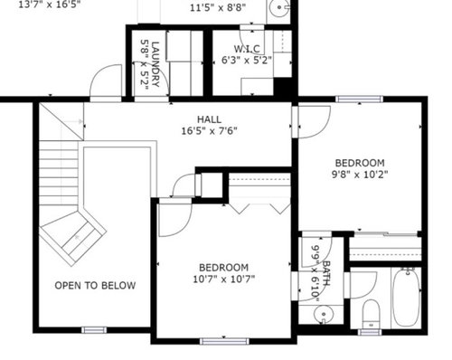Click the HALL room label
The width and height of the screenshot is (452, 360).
209,119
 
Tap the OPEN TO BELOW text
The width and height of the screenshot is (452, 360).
95,286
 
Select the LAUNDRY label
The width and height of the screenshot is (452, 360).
155,64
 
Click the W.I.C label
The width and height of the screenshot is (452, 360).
247,49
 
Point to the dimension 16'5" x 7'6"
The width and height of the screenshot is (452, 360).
209,131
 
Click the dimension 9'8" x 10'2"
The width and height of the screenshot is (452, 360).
360,175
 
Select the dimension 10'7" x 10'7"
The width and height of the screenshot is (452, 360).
223,279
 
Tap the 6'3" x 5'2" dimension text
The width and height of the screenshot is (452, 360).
247,61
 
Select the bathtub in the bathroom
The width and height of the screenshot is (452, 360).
406,297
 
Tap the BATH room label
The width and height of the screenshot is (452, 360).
326,273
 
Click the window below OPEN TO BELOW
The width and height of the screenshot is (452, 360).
94,330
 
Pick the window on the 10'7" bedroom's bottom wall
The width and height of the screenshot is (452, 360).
224,341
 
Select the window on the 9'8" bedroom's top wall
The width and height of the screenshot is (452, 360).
360,99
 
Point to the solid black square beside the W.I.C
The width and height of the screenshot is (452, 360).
283,87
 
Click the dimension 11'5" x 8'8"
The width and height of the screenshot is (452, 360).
218,7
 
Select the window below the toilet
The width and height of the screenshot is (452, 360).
370,332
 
